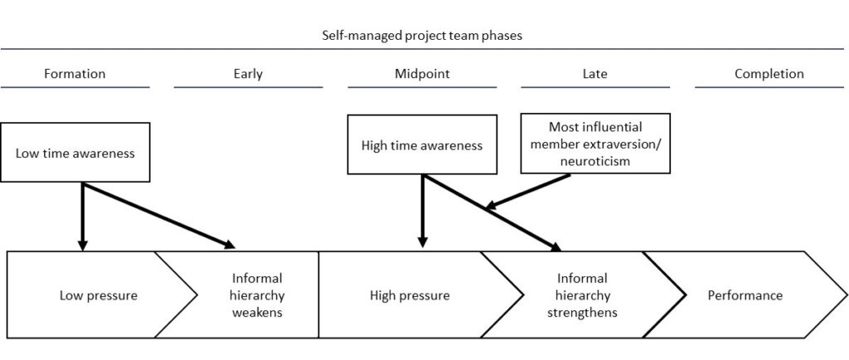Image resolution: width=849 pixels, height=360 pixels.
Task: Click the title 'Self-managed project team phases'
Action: (422, 36)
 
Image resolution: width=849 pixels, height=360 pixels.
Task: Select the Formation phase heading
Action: (75, 74)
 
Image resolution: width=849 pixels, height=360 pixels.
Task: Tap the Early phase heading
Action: (248, 74)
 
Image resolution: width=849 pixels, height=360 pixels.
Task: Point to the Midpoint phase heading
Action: (422, 74)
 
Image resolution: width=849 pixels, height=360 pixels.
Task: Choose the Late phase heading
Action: (595, 74)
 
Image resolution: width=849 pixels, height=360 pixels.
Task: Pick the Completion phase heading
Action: (769, 74)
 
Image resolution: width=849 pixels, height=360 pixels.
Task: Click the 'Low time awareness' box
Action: (75, 152)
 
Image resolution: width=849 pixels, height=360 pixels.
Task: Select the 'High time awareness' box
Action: (422, 144)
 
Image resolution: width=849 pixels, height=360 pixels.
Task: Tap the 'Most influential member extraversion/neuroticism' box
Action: (595, 144)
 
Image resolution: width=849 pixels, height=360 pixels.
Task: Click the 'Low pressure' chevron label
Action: (99, 295)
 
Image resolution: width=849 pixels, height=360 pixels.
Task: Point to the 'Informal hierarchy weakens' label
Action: (257, 295)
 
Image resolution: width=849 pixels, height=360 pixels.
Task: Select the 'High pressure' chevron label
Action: (410, 295)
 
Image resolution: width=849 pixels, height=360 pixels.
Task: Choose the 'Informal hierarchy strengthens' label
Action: (582, 295)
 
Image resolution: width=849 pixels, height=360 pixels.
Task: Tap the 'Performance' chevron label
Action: (745, 295)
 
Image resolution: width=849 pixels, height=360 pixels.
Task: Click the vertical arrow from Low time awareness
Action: (82, 216)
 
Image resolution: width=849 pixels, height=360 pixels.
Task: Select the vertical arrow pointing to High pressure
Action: (423, 212)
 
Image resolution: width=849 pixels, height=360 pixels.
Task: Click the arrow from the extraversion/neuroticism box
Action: (527, 191)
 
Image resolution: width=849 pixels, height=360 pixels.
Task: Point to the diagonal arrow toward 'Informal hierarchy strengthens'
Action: (492, 212)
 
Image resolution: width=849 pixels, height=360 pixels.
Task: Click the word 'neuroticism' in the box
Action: (595, 160)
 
